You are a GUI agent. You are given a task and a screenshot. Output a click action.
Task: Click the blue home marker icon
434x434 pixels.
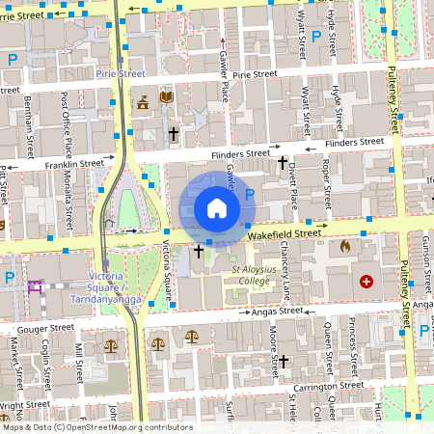point(216,207)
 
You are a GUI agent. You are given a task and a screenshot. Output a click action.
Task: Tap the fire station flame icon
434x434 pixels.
point(345,246)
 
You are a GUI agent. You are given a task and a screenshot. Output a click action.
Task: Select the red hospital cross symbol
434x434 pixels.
point(366,282)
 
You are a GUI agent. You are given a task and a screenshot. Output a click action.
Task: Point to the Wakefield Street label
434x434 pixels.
point(283,233)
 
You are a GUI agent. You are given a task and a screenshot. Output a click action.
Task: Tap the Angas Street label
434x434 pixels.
point(277,311)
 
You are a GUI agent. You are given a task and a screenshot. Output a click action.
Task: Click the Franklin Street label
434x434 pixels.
point(75,165)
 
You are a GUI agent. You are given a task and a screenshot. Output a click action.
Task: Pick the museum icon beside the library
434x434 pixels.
point(144,101)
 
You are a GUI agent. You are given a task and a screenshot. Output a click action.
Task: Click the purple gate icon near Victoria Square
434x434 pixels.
point(36,286)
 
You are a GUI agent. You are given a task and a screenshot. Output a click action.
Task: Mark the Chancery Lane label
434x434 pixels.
point(286,276)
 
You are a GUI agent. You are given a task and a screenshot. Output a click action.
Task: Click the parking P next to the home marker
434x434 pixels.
point(250,196)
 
